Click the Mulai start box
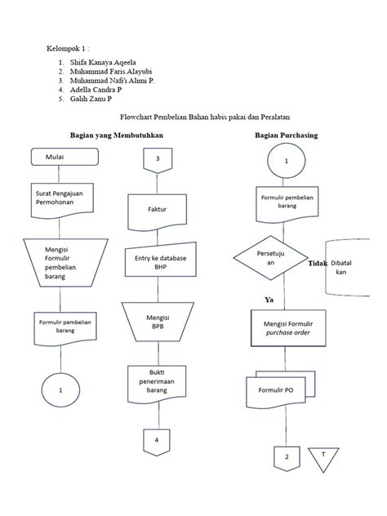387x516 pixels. click(x=59, y=156)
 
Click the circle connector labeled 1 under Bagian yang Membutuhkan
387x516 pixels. click(x=60, y=391)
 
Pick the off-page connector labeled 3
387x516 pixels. click(x=157, y=159)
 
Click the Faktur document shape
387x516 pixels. click(x=157, y=211)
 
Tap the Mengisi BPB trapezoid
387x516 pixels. click(x=157, y=320)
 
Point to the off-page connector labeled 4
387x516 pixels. click(x=157, y=441)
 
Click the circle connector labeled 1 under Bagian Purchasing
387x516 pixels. click(x=286, y=161)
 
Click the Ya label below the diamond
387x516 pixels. click(x=269, y=300)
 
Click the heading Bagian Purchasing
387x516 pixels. click(x=286, y=134)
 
